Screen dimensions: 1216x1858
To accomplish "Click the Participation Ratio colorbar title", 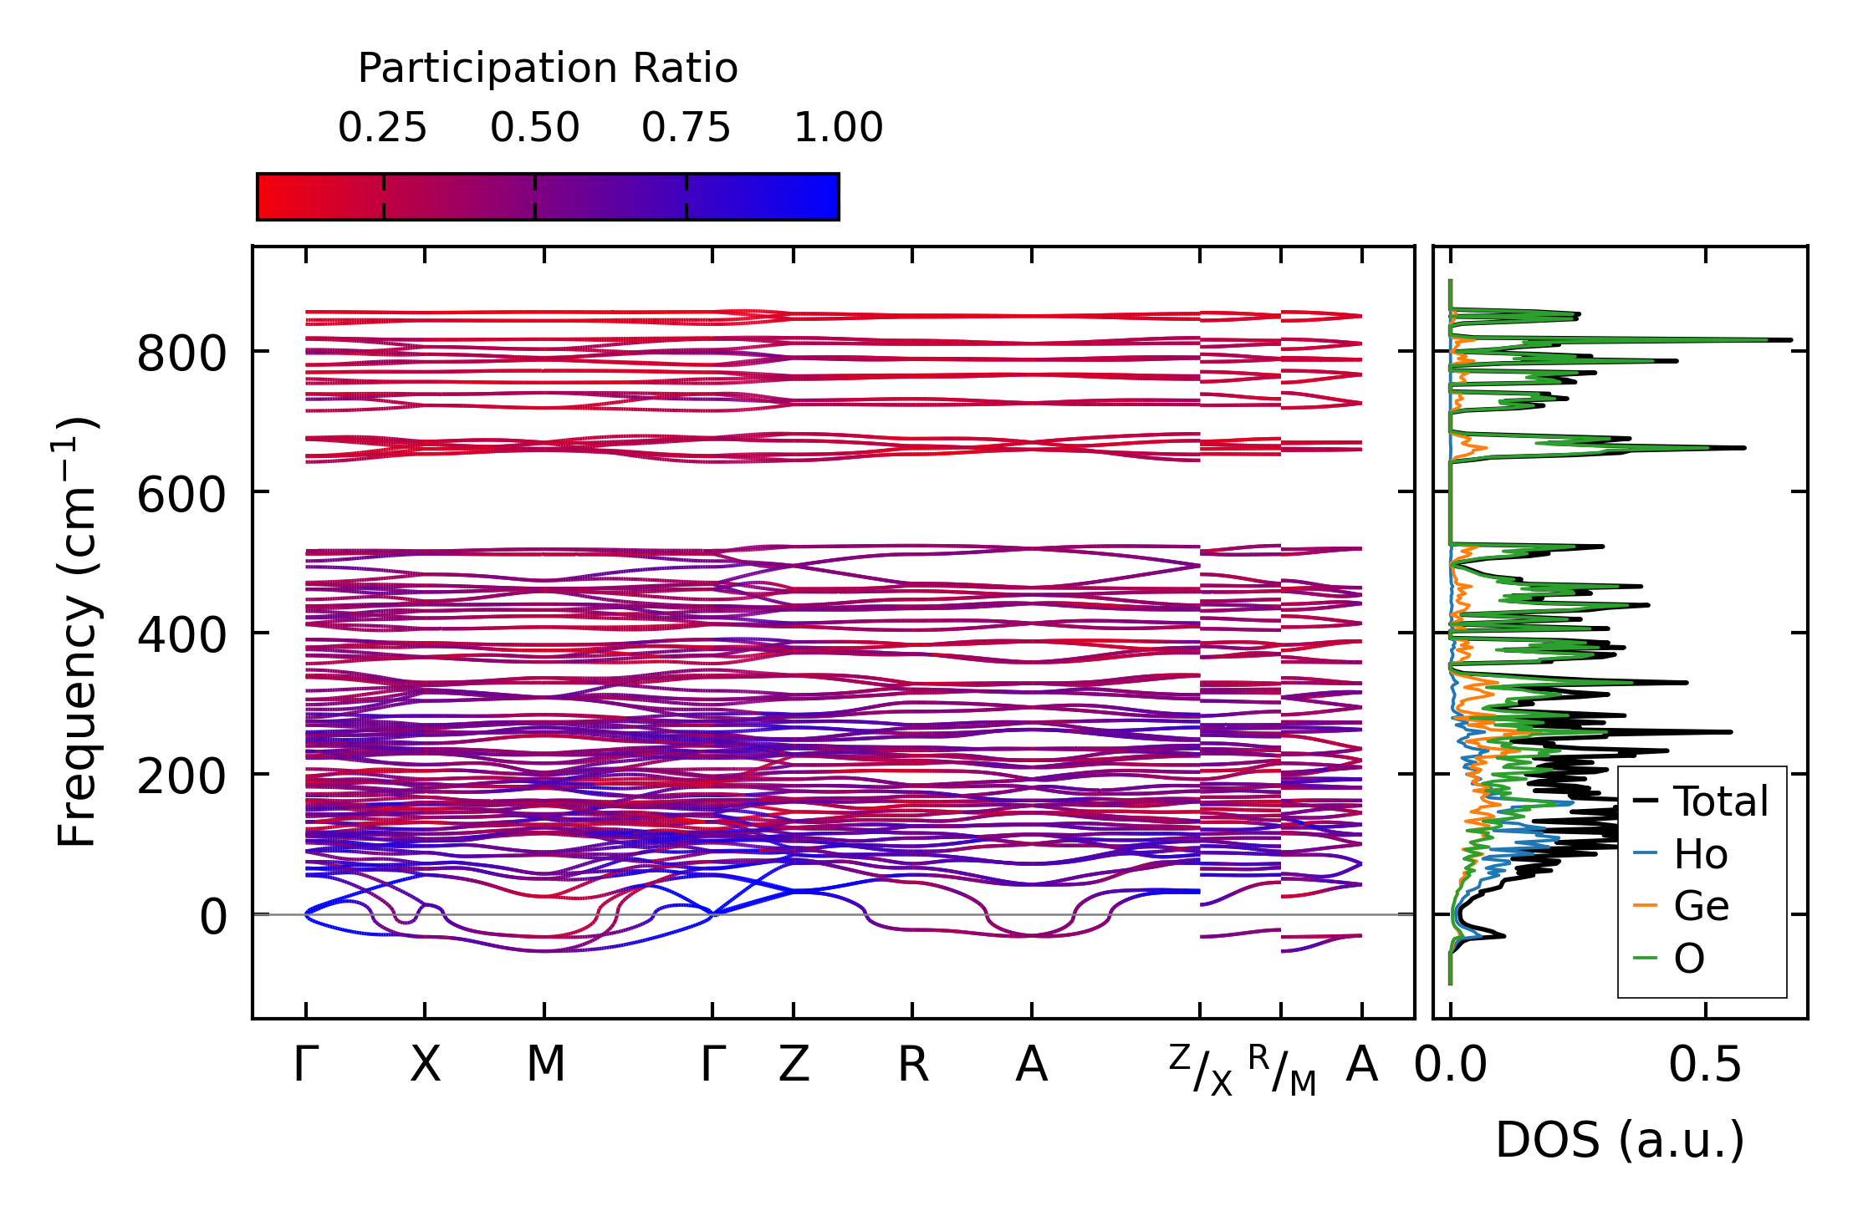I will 548,69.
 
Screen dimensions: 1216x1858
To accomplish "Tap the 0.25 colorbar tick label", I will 382,128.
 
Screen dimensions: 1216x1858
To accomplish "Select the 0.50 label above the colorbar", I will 534,128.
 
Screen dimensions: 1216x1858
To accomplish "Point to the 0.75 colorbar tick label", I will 686,128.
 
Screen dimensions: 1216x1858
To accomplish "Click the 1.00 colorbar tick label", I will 838,128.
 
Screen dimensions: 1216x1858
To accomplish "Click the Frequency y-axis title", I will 78,632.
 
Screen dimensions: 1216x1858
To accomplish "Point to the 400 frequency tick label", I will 181,635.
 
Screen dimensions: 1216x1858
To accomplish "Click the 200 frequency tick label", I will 181,776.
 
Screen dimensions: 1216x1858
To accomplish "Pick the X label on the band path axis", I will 425,1065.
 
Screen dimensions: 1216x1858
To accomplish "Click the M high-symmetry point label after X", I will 545,1065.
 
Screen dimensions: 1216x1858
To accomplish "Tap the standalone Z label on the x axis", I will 794,1065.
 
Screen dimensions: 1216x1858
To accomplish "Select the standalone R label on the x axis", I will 912,1065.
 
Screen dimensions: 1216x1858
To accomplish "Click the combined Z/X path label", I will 1201,1070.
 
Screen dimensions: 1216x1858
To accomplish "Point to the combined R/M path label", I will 1282,1070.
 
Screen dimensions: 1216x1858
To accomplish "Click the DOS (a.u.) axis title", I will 1620,1140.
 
